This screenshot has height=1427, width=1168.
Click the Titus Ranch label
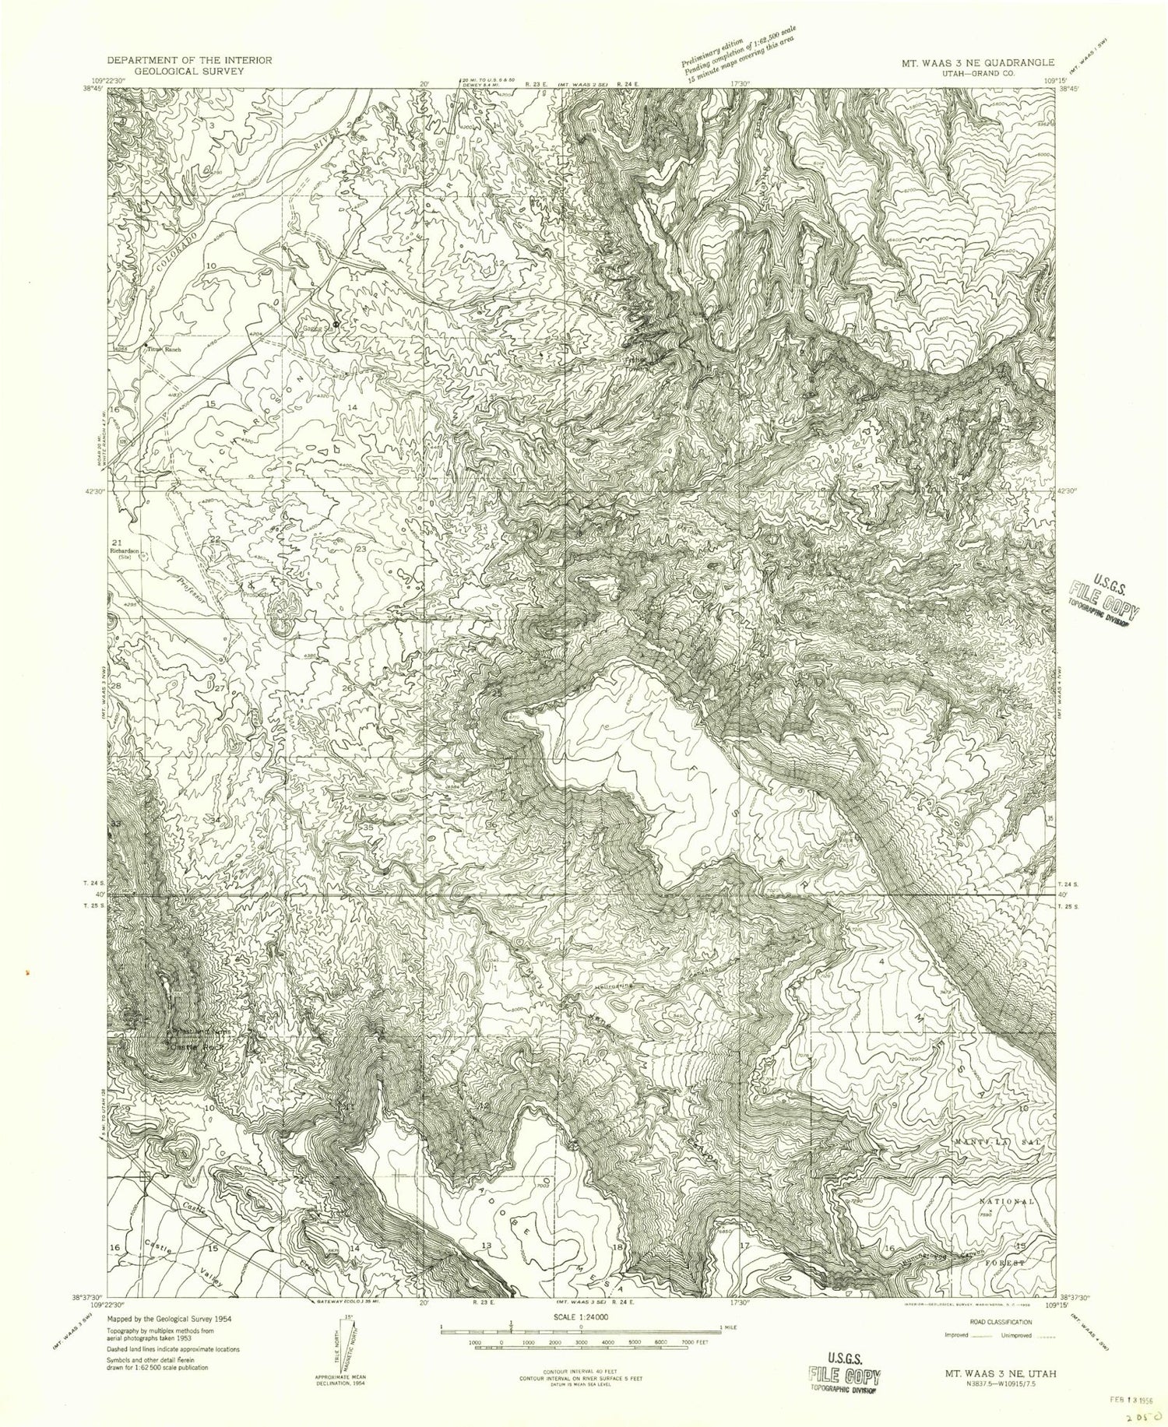164,350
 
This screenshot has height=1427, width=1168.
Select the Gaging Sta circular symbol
336,323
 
